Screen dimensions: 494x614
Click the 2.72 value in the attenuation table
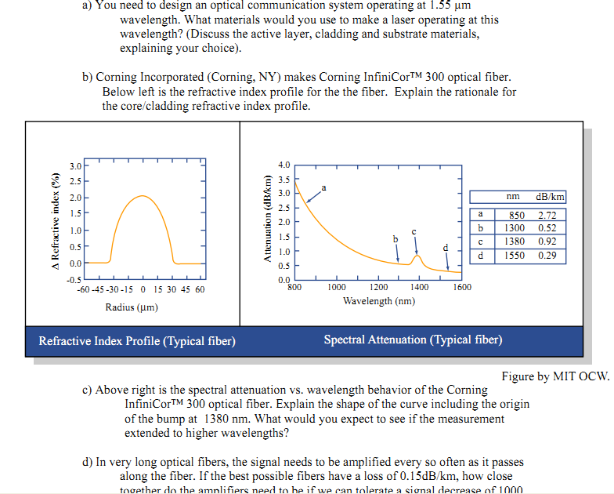click(x=547, y=215)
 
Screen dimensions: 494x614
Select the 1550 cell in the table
click(x=515, y=256)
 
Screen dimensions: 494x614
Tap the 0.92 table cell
click(x=547, y=242)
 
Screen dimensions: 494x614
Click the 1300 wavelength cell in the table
click(x=515, y=228)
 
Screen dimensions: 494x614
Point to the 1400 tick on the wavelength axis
click(x=419, y=288)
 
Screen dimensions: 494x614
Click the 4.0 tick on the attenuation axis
click(x=284, y=164)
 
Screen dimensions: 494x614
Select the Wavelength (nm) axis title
click(x=379, y=301)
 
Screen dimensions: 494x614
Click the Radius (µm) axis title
click(x=132, y=307)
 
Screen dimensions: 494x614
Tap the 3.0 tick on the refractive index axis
click(x=75, y=165)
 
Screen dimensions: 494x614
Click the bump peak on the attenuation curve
click(x=418, y=256)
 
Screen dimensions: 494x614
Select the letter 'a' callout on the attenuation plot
click(x=324, y=187)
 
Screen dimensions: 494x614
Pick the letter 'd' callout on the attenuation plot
click(x=446, y=247)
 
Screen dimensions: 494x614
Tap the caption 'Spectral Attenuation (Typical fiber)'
click(x=413, y=340)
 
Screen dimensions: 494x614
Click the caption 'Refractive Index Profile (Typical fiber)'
click(x=137, y=340)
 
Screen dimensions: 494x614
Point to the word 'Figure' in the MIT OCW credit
click(x=518, y=376)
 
